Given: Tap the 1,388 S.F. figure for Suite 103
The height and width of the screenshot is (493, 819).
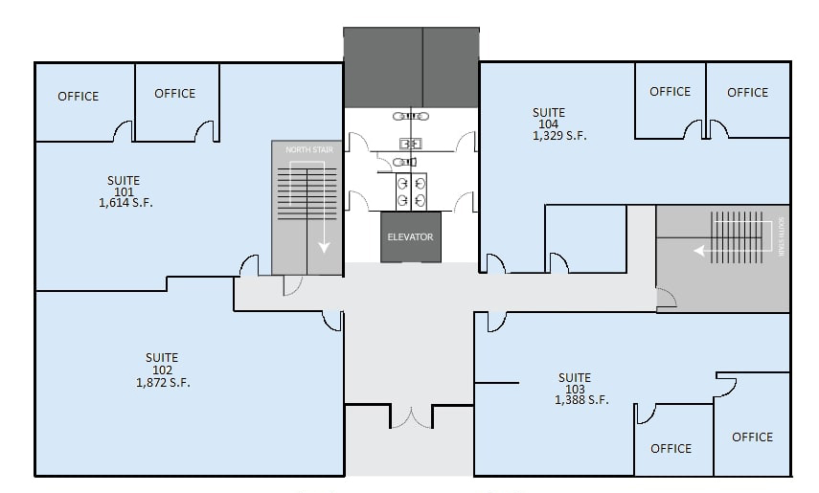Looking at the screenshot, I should pyautogui.click(x=580, y=400).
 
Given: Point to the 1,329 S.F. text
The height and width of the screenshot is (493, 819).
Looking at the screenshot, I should pyautogui.click(x=559, y=136).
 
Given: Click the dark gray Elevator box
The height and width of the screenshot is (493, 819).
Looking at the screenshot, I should pyautogui.click(x=410, y=236).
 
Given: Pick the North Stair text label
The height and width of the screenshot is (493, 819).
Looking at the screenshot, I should pyautogui.click(x=306, y=150).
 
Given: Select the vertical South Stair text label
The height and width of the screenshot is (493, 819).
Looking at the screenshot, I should pyautogui.click(x=782, y=235).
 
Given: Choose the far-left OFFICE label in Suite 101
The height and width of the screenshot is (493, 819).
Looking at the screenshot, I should pyautogui.click(x=78, y=96).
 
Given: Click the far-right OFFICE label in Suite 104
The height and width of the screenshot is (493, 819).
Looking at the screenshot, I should pyautogui.click(x=747, y=92).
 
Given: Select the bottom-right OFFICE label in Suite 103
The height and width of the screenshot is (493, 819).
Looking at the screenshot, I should pyautogui.click(x=752, y=437).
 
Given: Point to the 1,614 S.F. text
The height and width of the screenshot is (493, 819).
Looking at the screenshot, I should pyautogui.click(x=125, y=203).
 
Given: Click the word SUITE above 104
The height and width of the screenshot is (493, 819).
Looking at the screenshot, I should pyautogui.click(x=549, y=112).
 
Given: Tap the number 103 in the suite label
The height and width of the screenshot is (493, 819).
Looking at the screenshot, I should pyautogui.click(x=575, y=389).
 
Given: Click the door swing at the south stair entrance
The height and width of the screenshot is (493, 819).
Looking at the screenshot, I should pyautogui.click(x=666, y=301).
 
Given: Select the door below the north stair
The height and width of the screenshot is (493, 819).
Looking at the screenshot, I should pyautogui.click(x=292, y=285).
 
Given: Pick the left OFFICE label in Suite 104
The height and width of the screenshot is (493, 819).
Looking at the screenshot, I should pyautogui.click(x=670, y=92).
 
